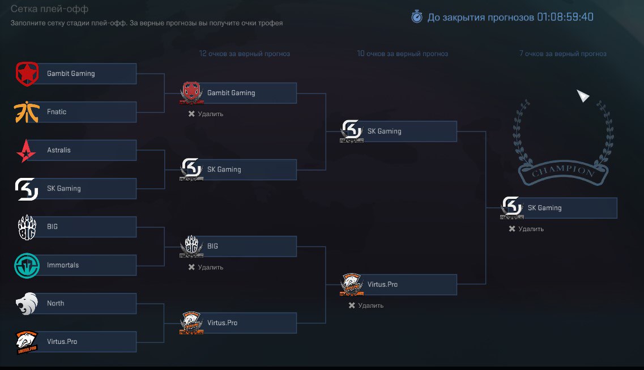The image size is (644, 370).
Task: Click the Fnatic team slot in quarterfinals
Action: click(75, 112)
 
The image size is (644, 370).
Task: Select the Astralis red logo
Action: click(26, 150)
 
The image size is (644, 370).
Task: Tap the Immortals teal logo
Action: click(26, 265)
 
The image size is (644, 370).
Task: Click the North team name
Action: click(56, 304)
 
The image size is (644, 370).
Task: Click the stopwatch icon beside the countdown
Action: click(417, 17)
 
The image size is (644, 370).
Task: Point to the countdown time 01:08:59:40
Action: click(565, 17)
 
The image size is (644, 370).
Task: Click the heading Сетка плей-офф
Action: click(49, 10)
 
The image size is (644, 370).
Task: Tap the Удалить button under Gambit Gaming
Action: click(206, 114)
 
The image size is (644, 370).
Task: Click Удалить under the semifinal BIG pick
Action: click(206, 267)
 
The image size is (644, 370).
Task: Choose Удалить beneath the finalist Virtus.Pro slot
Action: click(366, 305)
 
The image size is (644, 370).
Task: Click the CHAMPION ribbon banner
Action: click(562, 171)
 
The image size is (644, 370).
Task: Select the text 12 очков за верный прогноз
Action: click(244, 54)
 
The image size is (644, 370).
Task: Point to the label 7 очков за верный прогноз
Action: click(562, 54)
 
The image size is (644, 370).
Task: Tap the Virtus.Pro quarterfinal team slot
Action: click(75, 342)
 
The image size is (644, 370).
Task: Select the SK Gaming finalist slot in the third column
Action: click(398, 131)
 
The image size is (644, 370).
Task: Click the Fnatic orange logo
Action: click(26, 112)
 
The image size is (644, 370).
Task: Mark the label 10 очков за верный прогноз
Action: click(402, 54)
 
